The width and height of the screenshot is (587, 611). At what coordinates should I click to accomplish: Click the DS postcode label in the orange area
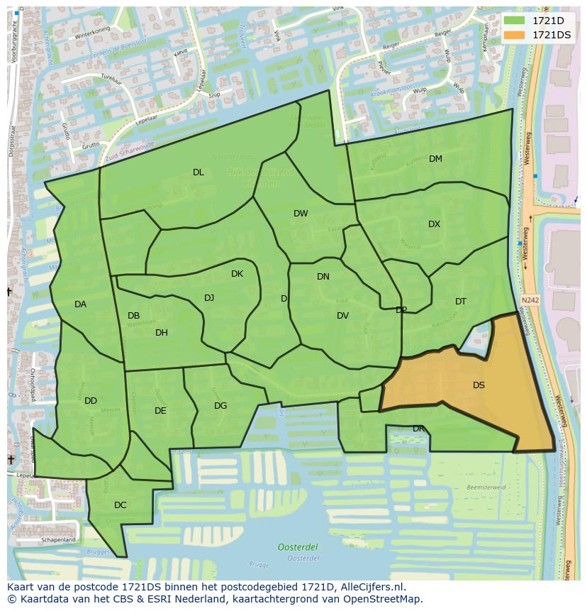(479, 385)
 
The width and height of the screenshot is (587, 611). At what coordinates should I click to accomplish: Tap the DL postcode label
(199, 172)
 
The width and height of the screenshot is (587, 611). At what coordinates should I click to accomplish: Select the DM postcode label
(435, 159)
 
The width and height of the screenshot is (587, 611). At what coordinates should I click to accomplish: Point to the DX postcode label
(434, 224)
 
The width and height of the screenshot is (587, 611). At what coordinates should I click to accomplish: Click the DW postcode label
(301, 214)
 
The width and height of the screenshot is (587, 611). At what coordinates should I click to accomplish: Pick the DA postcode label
(80, 304)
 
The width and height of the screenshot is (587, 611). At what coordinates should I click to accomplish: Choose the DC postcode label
(120, 505)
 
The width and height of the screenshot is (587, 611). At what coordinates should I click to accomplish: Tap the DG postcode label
(220, 406)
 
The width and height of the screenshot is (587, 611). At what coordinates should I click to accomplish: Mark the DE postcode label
(160, 411)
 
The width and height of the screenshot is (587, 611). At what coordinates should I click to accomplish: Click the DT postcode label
(461, 302)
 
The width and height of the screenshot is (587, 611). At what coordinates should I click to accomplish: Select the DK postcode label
(237, 274)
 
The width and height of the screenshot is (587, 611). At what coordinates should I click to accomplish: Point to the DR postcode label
(418, 429)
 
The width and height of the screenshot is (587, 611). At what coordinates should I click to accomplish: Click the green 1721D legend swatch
(515, 21)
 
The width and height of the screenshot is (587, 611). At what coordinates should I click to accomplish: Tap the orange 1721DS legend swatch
(515, 35)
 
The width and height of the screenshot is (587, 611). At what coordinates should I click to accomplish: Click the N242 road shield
(530, 300)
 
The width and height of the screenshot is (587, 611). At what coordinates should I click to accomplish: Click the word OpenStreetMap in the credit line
(387, 599)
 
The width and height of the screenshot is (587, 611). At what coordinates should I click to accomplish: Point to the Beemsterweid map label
(486, 488)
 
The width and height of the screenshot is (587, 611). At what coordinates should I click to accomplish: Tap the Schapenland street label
(58, 540)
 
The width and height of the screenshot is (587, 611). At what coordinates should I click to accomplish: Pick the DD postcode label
(91, 401)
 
